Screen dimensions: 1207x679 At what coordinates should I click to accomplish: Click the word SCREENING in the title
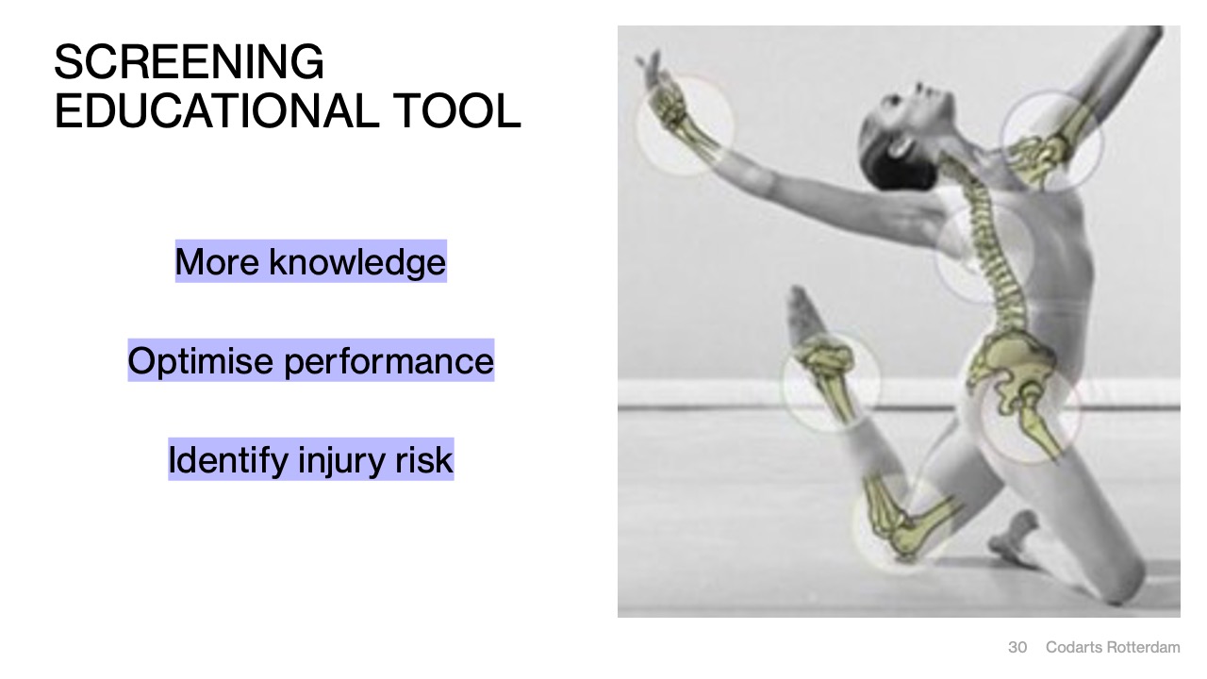click(x=189, y=61)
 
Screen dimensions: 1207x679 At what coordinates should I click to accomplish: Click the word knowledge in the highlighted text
click(x=357, y=262)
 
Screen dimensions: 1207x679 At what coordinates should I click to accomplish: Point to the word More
click(x=217, y=262)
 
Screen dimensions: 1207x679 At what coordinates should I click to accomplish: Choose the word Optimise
click(x=200, y=361)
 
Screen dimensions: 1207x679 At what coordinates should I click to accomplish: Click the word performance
click(x=389, y=362)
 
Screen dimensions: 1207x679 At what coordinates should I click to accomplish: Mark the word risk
click(x=423, y=460)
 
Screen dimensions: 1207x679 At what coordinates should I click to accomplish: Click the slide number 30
click(x=1017, y=647)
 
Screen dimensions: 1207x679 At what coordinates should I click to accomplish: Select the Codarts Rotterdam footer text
click(x=1113, y=647)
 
